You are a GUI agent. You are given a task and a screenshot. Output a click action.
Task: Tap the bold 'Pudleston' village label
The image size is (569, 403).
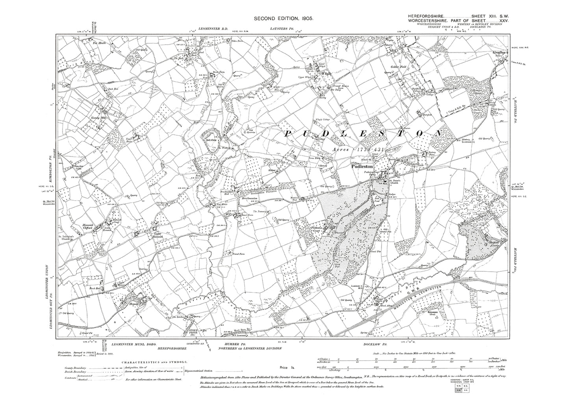[x=362, y=167]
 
